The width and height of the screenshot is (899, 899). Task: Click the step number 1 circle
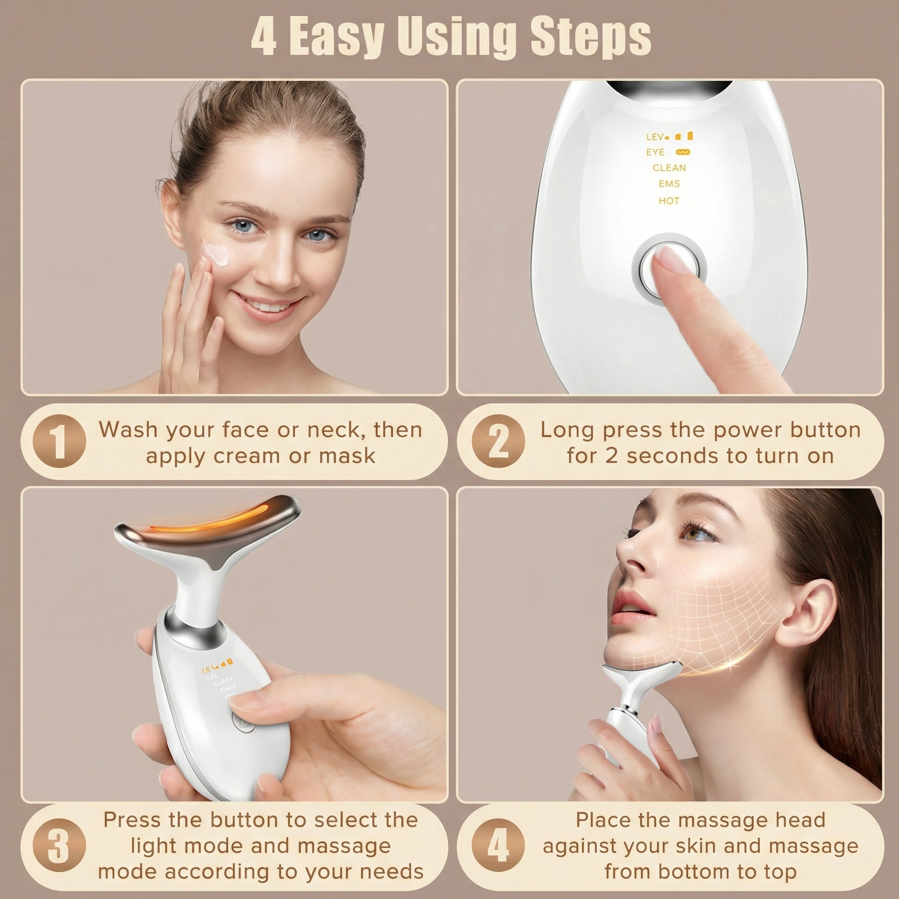tap(59, 441)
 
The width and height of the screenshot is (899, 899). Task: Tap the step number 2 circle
tap(497, 441)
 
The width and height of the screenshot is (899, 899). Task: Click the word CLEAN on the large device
tap(669, 168)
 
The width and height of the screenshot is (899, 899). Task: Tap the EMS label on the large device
tap(669, 184)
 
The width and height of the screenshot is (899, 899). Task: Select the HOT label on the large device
tap(669, 201)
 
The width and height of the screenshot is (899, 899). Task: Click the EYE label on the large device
tap(655, 152)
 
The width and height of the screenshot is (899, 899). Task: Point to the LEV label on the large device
tap(654, 137)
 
